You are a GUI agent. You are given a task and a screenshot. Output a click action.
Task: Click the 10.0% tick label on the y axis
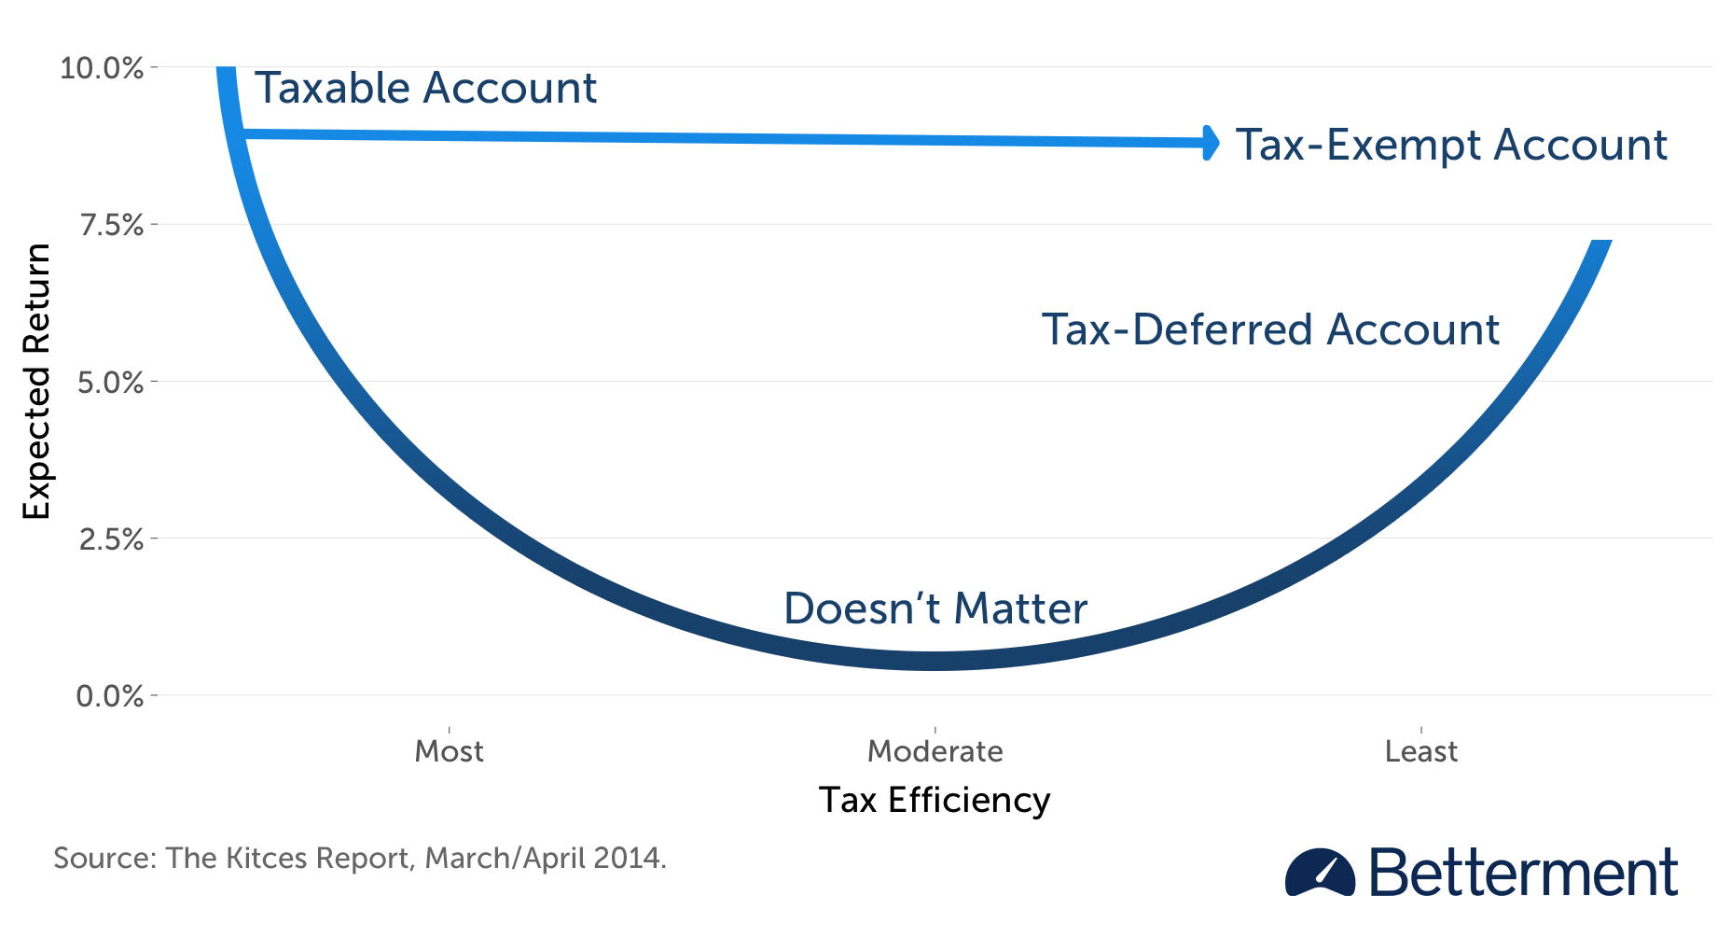tap(102, 68)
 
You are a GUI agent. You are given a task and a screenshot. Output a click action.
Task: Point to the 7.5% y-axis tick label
tap(111, 225)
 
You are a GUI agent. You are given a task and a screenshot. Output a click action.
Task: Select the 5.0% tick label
tap(110, 383)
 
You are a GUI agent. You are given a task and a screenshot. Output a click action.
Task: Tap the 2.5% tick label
tap(110, 539)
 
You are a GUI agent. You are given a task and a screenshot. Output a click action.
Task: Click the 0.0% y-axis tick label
tap(110, 696)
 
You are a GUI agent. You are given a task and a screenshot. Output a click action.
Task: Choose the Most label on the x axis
tap(449, 751)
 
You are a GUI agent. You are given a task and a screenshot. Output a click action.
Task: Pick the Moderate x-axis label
tap(935, 751)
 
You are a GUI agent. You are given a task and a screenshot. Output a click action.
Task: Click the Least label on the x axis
tap(1420, 751)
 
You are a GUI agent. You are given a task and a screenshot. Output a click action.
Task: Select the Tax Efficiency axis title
tap(935, 801)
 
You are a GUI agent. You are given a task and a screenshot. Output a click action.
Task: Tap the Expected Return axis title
tap(36, 382)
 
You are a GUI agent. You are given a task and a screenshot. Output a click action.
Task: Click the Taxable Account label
tap(425, 89)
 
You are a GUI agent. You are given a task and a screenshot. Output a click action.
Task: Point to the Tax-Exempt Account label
tap(1451, 145)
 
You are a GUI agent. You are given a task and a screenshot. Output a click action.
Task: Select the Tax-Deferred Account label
tap(1270, 329)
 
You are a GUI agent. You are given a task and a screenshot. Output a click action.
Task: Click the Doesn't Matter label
tap(935, 608)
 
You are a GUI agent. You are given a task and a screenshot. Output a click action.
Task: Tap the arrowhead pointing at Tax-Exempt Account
tap(1211, 143)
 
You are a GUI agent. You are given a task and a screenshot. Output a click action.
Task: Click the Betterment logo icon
tap(1320, 874)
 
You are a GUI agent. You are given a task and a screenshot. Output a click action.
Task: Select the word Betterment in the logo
tap(1523, 874)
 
